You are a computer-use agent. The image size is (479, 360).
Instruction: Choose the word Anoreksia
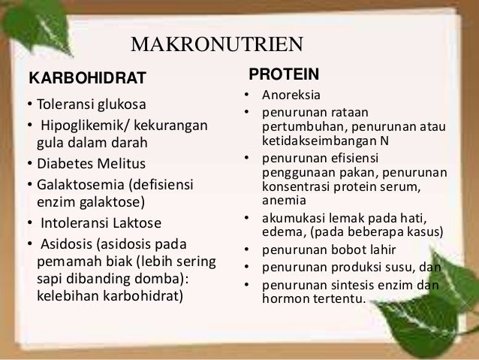pos(291,96)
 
